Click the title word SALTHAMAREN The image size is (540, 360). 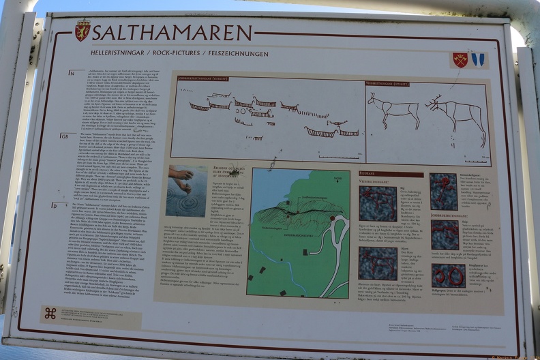(x=172, y=33)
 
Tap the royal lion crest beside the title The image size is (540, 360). (x=82, y=30)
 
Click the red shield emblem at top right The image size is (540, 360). (x=460, y=60)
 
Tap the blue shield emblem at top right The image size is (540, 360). (x=477, y=60)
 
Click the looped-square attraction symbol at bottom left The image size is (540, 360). (x=50, y=313)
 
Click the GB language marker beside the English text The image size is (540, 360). (x=65, y=136)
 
